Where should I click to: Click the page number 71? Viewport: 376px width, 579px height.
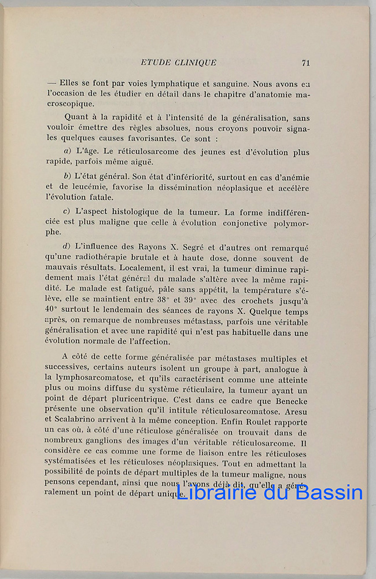point(306,63)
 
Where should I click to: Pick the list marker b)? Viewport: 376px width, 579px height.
point(68,175)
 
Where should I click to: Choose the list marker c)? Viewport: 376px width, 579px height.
point(67,211)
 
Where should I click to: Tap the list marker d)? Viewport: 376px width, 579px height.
point(68,247)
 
